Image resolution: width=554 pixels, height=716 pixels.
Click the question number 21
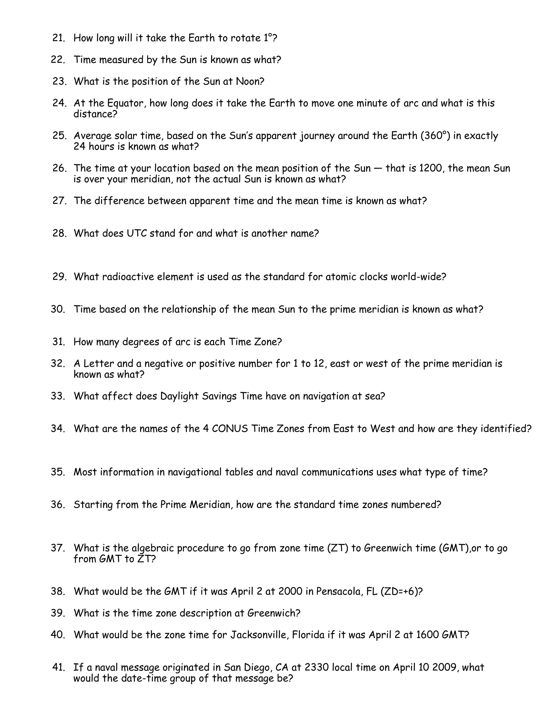tap(58, 38)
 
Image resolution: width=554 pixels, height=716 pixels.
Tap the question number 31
tap(58, 342)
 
